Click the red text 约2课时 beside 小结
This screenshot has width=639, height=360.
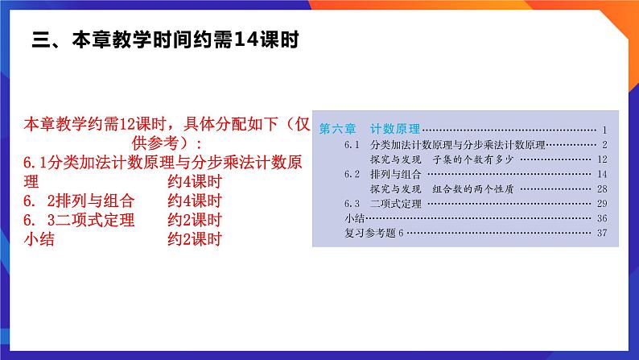[x=194, y=238]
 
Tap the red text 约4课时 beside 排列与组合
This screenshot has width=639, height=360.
[x=194, y=201]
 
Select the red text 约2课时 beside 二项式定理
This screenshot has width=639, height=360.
[x=194, y=220]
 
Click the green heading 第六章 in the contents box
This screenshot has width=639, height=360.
[x=336, y=129]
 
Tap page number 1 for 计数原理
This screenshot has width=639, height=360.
[x=604, y=130]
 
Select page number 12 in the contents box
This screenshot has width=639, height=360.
[x=601, y=159]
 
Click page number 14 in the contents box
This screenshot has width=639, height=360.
[x=601, y=174]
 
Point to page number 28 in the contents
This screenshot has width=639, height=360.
[x=601, y=188]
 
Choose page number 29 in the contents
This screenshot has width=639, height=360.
[x=601, y=203]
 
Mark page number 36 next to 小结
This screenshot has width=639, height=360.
[x=601, y=218]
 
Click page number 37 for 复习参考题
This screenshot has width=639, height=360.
[x=601, y=234]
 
